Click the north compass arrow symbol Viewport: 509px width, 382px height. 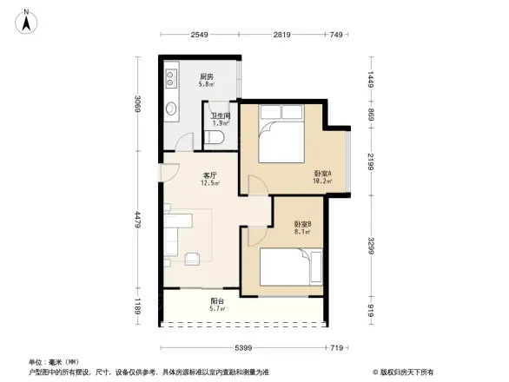pyautogui.click(x=27, y=20)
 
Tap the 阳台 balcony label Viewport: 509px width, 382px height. pyautogui.click(x=217, y=300)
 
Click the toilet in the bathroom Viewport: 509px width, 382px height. pyautogui.click(x=216, y=138)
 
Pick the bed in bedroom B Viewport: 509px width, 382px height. pyautogui.click(x=284, y=267)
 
